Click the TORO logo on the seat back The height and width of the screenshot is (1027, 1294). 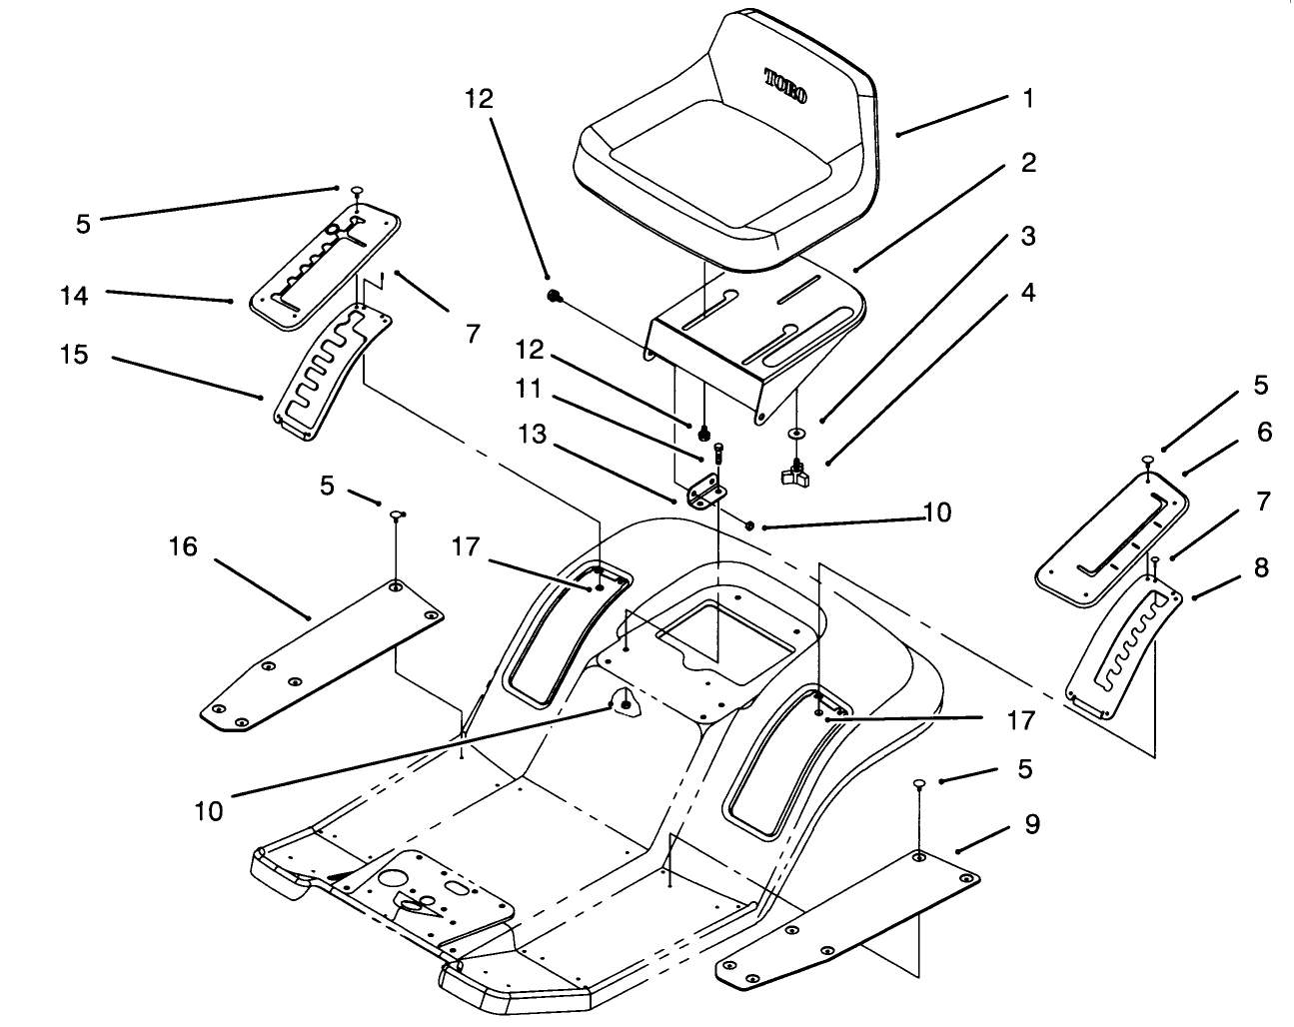click(786, 86)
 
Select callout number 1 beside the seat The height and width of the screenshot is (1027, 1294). click(1027, 99)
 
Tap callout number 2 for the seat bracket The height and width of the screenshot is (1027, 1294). click(1027, 163)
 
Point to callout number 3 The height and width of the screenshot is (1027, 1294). click(1027, 237)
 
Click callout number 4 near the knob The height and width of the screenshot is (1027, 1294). click(1027, 293)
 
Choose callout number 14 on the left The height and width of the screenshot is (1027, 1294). click(74, 296)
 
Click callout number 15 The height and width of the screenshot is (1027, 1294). click(74, 355)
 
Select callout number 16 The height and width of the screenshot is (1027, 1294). click(183, 546)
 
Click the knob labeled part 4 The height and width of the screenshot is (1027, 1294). click(797, 474)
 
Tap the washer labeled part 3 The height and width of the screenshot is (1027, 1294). click(796, 435)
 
